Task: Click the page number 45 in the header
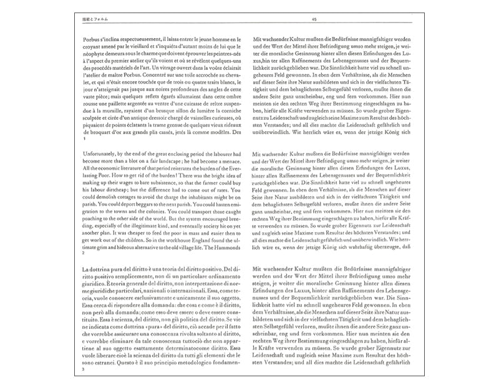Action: pos(314,21)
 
